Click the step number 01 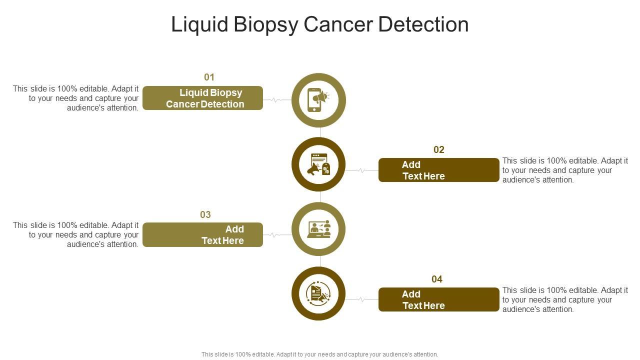click(x=209, y=77)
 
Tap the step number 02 click(x=438, y=149)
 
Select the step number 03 click(x=205, y=214)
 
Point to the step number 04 click(x=437, y=279)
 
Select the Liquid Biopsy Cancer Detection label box click(x=202, y=98)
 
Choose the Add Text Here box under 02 click(x=438, y=170)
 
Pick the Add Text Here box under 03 click(x=202, y=234)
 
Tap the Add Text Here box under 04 click(x=438, y=299)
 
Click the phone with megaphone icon click(x=318, y=100)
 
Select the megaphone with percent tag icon click(x=318, y=164)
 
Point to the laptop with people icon click(x=318, y=229)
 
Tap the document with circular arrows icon click(x=318, y=293)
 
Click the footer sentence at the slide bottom click(x=319, y=354)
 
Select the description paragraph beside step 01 click(x=76, y=98)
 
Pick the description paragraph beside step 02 click(x=565, y=170)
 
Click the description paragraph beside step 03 click(x=76, y=234)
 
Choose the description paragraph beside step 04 click(x=565, y=299)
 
